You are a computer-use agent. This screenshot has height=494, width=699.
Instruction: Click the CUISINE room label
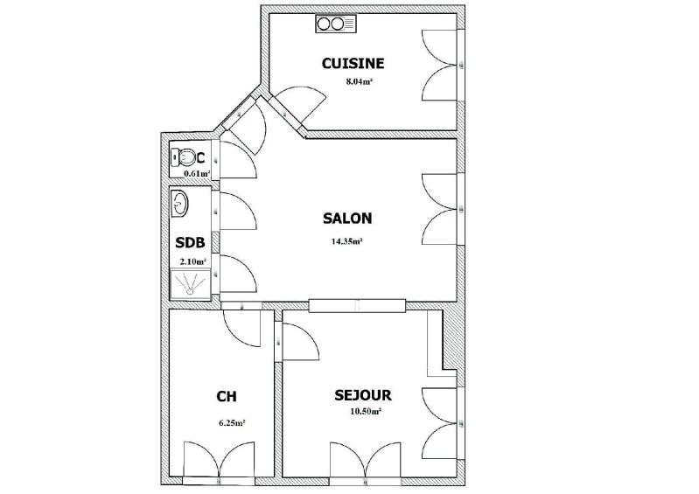(353, 63)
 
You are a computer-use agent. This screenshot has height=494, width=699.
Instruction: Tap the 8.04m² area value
(360, 82)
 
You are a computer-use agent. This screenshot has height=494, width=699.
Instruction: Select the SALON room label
(347, 219)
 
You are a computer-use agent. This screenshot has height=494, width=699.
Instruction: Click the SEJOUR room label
(362, 395)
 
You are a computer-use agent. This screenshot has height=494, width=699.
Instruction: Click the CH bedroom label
(227, 396)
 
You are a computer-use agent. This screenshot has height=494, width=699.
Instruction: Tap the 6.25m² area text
(231, 422)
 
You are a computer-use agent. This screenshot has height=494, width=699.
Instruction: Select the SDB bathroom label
(190, 243)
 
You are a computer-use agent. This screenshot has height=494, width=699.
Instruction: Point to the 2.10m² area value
(193, 261)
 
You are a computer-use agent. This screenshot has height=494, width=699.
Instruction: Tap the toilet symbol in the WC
(184, 157)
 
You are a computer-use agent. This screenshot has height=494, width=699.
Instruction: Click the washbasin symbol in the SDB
(179, 205)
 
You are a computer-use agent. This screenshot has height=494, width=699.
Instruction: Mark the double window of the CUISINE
(441, 66)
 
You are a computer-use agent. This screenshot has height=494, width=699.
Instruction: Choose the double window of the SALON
(441, 210)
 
